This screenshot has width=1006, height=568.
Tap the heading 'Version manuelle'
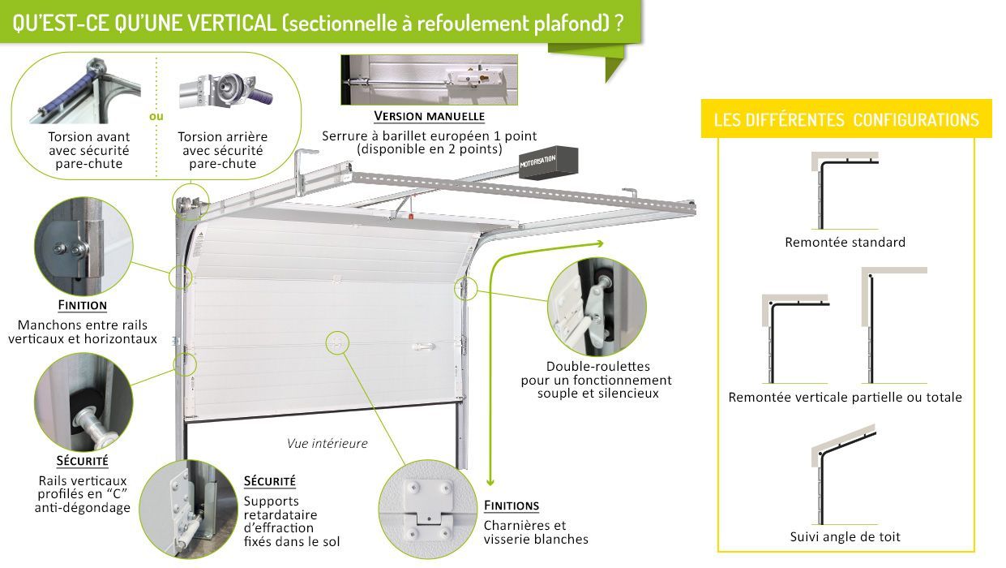(x=429, y=116)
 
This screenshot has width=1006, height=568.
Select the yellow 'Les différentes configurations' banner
(x=846, y=120)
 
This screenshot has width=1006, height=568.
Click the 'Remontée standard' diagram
(x=843, y=193)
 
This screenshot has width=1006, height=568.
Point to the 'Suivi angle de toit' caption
(x=845, y=536)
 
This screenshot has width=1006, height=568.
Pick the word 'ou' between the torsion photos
(x=156, y=116)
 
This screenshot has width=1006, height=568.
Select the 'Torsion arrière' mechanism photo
(x=223, y=91)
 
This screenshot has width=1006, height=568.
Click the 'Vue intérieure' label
(x=327, y=444)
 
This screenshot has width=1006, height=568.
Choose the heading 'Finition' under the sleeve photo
(x=82, y=306)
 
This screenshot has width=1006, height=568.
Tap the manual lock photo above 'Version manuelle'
(x=428, y=80)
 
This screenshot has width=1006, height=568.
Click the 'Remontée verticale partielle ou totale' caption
(x=845, y=397)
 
